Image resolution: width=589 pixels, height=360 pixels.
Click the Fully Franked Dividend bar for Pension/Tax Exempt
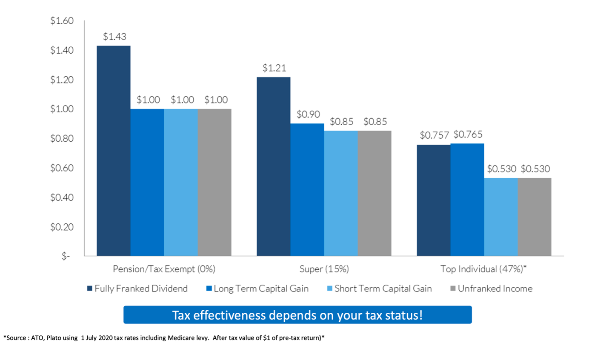pos(113,151)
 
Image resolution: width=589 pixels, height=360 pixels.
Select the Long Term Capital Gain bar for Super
pos(307,190)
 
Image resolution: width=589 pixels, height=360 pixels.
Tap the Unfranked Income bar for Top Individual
pos(534,217)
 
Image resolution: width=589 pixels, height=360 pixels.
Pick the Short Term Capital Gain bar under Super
pos(340,193)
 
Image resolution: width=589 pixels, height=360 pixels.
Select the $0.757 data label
pos(434,135)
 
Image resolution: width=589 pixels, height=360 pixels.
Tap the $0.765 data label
pos(468,134)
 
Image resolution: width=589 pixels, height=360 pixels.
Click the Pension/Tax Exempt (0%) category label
pos(164,269)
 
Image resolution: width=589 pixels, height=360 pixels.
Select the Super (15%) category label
pos(324,269)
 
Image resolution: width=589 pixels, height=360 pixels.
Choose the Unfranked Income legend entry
pos(491,289)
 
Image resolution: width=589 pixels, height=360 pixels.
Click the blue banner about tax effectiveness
pos(297,315)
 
